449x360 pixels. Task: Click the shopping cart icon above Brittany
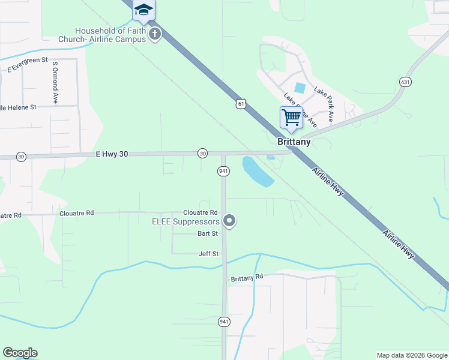click(291, 118)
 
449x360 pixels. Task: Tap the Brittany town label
click(294, 142)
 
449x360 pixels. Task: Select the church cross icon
click(155, 34)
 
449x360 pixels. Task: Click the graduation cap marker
click(143, 10)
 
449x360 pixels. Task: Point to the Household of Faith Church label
click(102, 35)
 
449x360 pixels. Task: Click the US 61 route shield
click(241, 104)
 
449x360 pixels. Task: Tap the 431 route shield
click(405, 81)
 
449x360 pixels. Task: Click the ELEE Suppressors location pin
click(229, 221)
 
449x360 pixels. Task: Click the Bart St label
click(208, 234)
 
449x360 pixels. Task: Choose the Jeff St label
click(208, 254)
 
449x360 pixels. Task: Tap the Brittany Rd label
click(247, 278)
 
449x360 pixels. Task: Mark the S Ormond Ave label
click(55, 82)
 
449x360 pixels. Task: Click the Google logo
click(20, 353)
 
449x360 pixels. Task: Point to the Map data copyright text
click(411, 355)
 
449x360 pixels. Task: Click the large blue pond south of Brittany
click(257, 170)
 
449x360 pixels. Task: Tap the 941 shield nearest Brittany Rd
click(223, 322)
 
